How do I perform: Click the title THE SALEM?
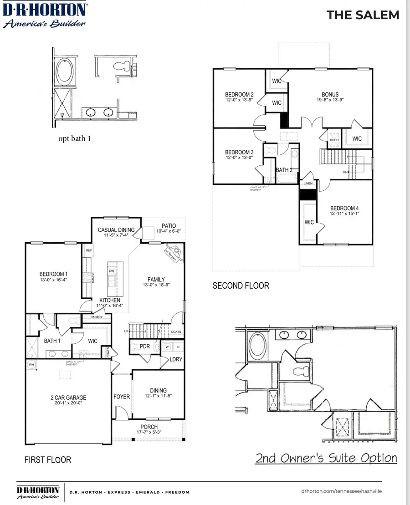[363, 15]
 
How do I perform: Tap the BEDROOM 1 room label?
[53, 274]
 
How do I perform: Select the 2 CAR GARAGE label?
[69, 398]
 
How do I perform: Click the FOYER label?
[122, 397]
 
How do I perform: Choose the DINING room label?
[158, 390]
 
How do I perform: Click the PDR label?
[145, 347]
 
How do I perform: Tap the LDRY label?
[176, 359]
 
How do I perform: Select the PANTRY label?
[96, 317]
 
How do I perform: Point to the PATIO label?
[168, 226]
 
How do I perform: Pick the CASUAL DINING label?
[116, 230]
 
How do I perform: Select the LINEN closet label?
[308, 183]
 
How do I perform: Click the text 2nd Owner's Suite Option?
[326, 458]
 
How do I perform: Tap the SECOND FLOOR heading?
[241, 286]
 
